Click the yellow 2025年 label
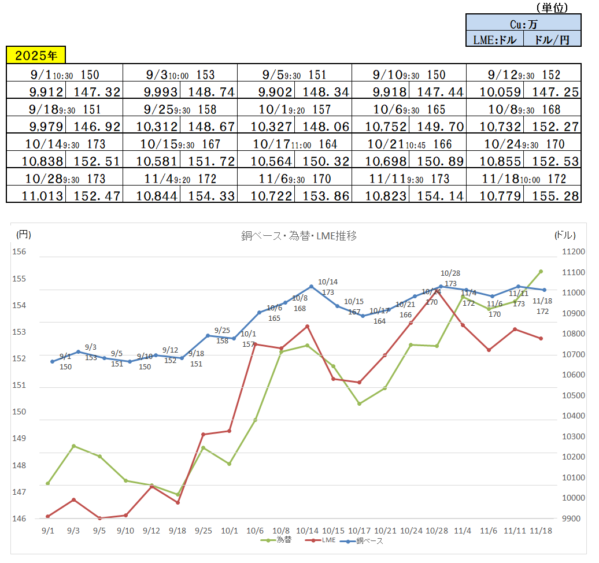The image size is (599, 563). [x=36, y=55]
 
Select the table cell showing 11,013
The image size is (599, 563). [x=36, y=197]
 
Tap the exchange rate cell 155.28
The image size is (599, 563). [x=552, y=197]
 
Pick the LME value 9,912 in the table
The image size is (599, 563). [x=36, y=91]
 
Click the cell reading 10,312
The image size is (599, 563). [x=151, y=127]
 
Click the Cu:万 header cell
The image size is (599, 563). [x=523, y=24]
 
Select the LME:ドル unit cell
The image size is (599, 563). [x=494, y=39]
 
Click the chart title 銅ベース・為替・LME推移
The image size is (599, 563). [x=298, y=236]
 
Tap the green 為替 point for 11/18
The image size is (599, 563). [x=541, y=271]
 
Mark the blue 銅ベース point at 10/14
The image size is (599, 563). [x=311, y=286]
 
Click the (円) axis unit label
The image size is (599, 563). [x=23, y=234]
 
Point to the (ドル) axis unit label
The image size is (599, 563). [x=565, y=234]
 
